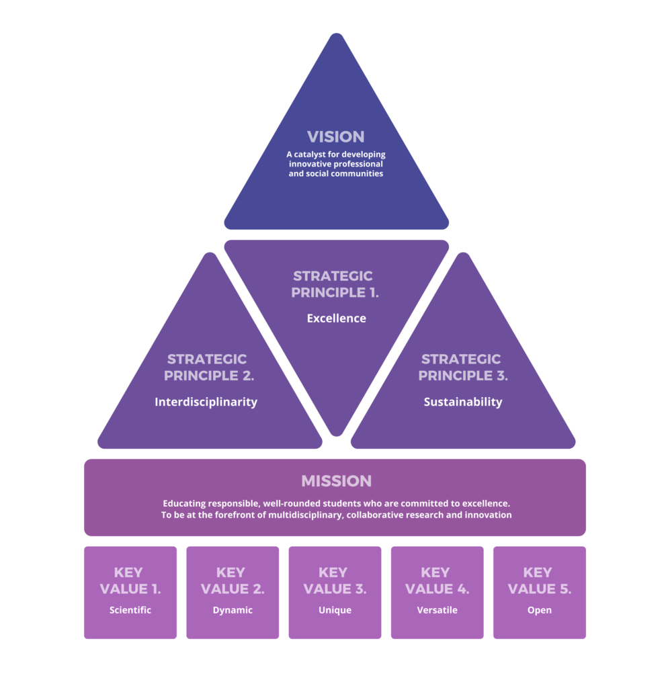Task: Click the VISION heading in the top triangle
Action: (x=336, y=136)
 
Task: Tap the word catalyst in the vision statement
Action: (x=309, y=155)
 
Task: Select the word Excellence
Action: (x=336, y=318)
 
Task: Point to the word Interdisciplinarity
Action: (x=206, y=402)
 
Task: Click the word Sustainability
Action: (x=462, y=402)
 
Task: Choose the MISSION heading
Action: (x=336, y=481)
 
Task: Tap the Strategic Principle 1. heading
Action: (x=335, y=284)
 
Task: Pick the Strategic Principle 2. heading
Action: (x=209, y=368)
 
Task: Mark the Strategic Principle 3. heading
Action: (x=462, y=368)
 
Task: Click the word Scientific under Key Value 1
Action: (x=130, y=610)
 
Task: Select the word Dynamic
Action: (x=233, y=610)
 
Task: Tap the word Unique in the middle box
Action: (x=335, y=610)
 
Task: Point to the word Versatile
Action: (x=437, y=610)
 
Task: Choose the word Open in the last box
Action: (x=540, y=610)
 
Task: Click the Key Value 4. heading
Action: (x=437, y=580)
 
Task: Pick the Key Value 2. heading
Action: (x=233, y=580)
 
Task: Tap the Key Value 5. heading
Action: (x=540, y=580)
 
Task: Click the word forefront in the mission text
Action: (x=232, y=515)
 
